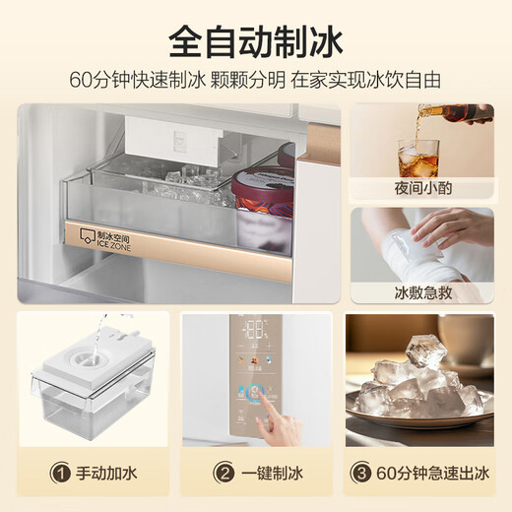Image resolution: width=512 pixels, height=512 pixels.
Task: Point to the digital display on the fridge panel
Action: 256,330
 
